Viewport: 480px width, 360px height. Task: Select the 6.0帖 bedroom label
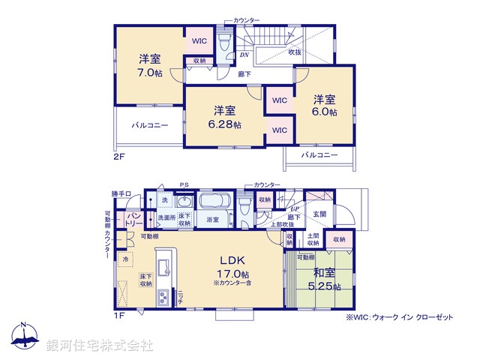tap(325, 112)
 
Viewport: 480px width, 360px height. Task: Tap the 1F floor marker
tap(120, 316)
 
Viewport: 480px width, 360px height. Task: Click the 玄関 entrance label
tap(320, 214)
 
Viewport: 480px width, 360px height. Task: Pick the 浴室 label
tap(212, 220)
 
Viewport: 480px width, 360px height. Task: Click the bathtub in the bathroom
tap(216, 203)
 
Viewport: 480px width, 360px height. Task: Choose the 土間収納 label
tap(313, 240)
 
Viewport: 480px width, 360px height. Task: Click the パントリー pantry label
tap(134, 219)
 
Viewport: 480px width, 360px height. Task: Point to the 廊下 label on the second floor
tap(244, 74)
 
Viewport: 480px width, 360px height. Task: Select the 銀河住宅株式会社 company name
tap(100, 346)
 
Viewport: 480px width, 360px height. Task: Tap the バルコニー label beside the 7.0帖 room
tap(151, 125)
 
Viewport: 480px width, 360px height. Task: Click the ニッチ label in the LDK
tap(180, 297)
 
